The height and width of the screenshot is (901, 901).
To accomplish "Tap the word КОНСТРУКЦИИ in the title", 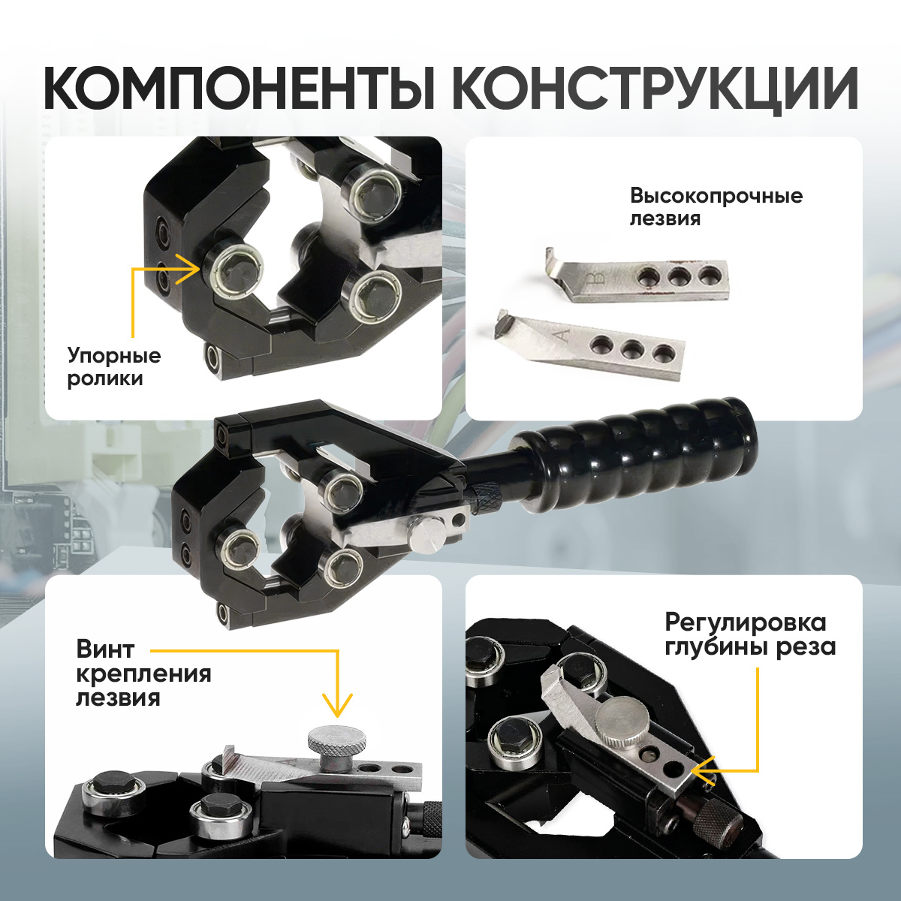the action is coord(654,89).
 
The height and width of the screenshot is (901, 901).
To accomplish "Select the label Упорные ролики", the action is coord(114,367).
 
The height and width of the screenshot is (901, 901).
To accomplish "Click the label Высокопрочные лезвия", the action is coord(716,207).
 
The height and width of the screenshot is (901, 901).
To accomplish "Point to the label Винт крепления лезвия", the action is coord(143,674).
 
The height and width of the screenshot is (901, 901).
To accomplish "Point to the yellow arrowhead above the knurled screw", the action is coord(336,707).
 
